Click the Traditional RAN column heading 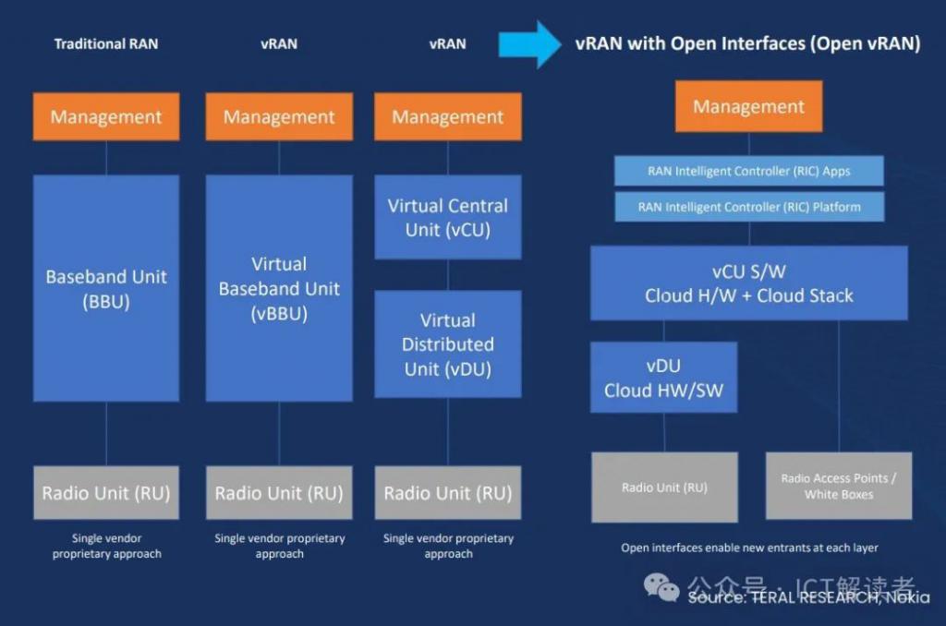click(x=105, y=44)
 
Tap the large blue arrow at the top click(x=530, y=44)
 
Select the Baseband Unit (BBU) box click(x=106, y=288)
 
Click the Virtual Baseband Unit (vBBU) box click(x=279, y=288)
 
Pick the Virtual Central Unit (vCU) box click(x=448, y=217)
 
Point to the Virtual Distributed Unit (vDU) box click(x=448, y=344)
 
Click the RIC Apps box click(x=748, y=171)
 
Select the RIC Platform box click(x=748, y=207)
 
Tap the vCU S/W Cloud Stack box click(x=748, y=283)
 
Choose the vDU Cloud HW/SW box click(x=663, y=378)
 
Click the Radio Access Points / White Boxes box click(x=839, y=486)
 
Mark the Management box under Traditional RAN click(x=106, y=117)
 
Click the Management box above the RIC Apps click(x=748, y=106)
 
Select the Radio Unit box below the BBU click(x=106, y=493)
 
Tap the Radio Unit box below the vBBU click(x=279, y=493)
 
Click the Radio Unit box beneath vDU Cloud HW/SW click(x=664, y=487)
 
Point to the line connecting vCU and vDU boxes click(x=448, y=275)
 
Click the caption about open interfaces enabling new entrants click(x=749, y=548)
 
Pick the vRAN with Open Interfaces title click(x=747, y=44)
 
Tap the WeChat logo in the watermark click(x=661, y=586)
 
